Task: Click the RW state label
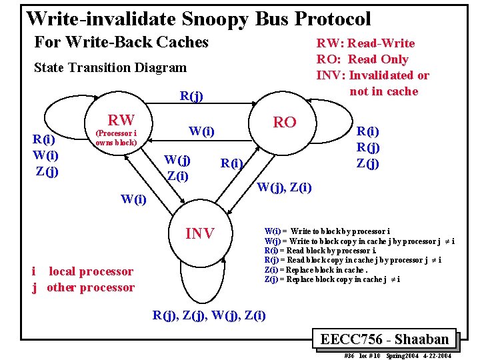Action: (x=121, y=120)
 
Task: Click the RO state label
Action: (x=285, y=122)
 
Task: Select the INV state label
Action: (x=199, y=233)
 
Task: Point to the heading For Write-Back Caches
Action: (x=121, y=42)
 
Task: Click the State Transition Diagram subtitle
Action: (x=110, y=67)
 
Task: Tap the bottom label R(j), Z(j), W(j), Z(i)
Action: (x=209, y=315)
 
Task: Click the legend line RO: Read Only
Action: (x=371, y=59)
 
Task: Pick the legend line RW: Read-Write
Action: (x=365, y=43)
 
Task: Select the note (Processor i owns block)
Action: (x=116, y=138)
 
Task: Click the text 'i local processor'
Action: (x=83, y=271)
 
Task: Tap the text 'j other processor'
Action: (x=83, y=287)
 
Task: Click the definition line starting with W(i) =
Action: (x=327, y=231)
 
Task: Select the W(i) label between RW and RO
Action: (x=201, y=131)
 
